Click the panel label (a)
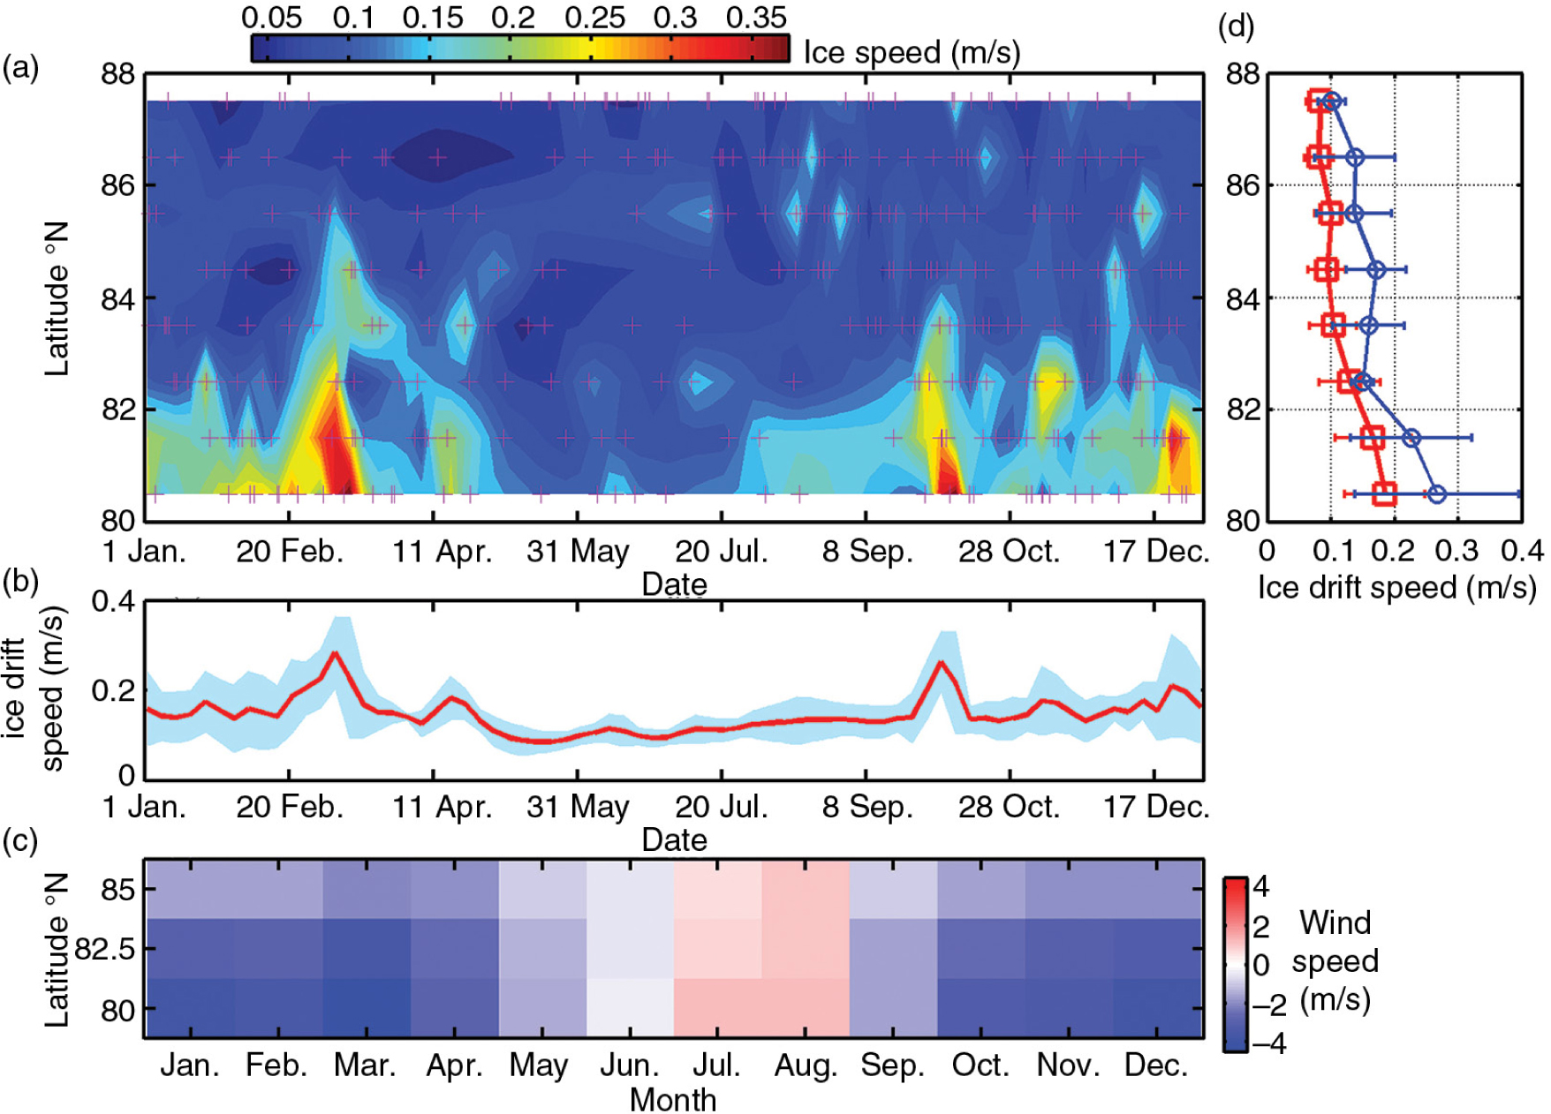point(20,68)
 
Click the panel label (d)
point(1236,26)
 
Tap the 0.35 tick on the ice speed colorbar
point(755,18)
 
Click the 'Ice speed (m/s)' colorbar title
point(912,53)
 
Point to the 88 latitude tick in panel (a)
point(117,74)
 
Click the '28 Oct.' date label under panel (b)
point(1009,807)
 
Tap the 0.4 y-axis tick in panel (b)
point(114,602)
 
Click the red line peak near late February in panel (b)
point(334,653)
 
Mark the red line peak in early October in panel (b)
point(941,662)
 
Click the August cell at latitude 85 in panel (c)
point(805,889)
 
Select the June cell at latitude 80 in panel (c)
point(630,1007)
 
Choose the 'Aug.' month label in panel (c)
point(805,1066)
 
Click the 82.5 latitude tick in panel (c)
point(104,949)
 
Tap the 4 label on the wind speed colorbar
point(1260,885)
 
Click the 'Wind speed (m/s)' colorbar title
point(1334,961)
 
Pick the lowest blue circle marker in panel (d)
point(1437,494)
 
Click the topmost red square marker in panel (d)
point(1318,101)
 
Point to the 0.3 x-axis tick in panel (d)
point(1457,552)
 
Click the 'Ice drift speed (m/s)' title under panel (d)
point(1396,588)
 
